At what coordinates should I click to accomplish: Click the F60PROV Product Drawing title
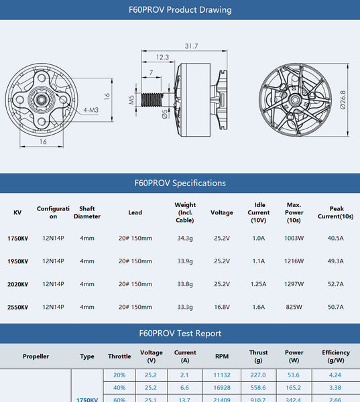point(180,10)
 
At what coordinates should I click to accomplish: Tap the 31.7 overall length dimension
point(191,46)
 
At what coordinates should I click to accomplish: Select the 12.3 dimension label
point(162,58)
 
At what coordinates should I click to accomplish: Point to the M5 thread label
point(132,100)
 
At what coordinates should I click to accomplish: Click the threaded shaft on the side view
point(153,100)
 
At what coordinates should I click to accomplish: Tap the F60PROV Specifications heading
point(180,183)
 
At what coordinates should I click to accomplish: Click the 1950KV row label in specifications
point(17,261)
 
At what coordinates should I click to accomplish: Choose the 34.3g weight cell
point(184,238)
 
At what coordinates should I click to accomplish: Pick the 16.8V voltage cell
point(222,308)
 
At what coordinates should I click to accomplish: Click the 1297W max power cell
point(294,284)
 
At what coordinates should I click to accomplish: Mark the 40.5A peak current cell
point(335,238)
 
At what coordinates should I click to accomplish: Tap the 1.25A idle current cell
point(258,284)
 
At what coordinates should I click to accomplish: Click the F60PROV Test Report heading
point(180,333)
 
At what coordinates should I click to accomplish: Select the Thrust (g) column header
point(258,356)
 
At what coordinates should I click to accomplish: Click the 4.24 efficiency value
point(335,375)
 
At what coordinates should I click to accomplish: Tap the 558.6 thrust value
point(258,387)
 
